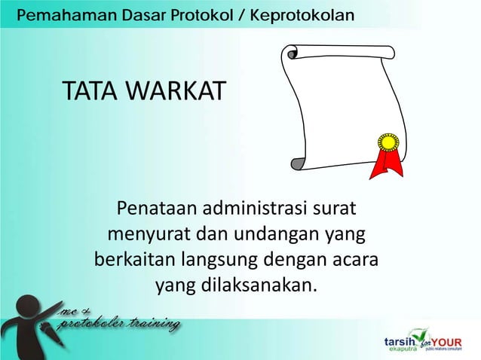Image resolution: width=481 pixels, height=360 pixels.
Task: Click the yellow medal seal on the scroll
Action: tap(388, 142)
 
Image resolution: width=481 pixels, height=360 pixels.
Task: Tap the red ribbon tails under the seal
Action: tap(387, 165)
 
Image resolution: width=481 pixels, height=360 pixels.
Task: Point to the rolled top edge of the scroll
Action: tap(339, 52)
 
